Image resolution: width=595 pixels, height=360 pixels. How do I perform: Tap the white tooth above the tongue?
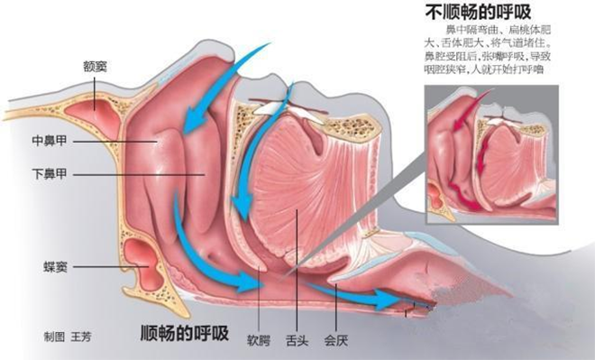point(270,106)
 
